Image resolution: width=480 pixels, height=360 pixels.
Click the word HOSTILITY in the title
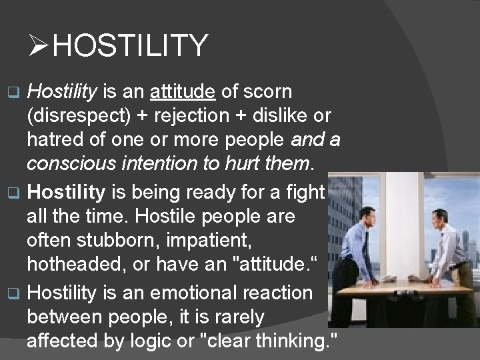click(x=130, y=45)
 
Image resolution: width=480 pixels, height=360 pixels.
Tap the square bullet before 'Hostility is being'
click(x=17, y=194)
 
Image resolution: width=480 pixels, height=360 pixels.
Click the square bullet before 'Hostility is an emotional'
click(x=17, y=293)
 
